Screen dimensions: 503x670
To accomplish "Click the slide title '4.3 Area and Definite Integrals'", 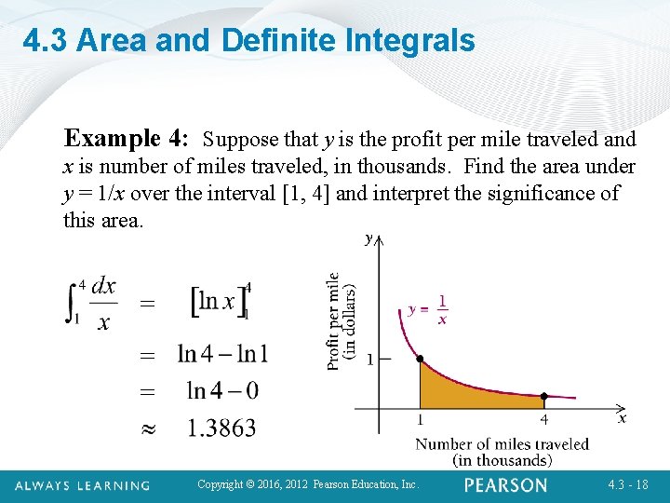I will click(248, 41).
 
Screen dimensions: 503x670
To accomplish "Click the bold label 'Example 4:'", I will click(127, 140).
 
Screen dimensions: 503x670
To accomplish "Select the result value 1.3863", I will click(221, 428).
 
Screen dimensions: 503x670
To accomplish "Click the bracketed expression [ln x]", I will click(219, 301).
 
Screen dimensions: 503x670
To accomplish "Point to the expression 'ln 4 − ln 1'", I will click(222, 354).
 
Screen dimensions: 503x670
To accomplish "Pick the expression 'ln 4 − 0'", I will click(222, 390).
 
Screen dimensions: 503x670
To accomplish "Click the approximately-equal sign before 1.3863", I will click(146, 428).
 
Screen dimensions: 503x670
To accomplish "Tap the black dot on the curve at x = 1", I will click(420, 360).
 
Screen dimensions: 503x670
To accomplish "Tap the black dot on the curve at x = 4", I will click(544, 397).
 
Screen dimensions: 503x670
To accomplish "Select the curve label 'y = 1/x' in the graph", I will click(429, 309).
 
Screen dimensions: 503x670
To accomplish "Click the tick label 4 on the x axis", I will click(544, 420).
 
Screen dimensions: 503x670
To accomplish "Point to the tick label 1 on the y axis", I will click(369, 360).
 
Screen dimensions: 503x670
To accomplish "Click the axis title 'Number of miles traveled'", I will click(502, 444).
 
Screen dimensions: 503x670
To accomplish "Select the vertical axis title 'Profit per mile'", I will click(333, 321).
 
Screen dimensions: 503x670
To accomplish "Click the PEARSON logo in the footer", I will click(506, 485).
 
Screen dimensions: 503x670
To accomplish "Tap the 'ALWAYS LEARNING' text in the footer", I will click(83, 485).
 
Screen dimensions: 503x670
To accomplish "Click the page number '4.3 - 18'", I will click(627, 485).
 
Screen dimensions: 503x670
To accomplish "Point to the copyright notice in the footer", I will click(309, 485).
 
